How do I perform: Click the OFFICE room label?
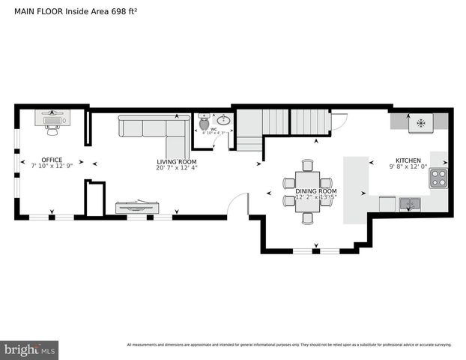pyautogui.click(x=52, y=160)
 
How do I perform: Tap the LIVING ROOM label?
pyautogui.click(x=176, y=162)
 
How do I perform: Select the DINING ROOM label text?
pyautogui.click(x=315, y=191)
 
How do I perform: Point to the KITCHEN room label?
pyautogui.click(x=408, y=160)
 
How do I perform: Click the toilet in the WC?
pyautogui.click(x=203, y=127)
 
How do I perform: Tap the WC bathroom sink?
pyautogui.click(x=223, y=120)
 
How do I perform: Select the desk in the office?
pyautogui.click(x=52, y=118)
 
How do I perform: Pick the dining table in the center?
pyautogui.click(x=307, y=190)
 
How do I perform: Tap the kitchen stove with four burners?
pyautogui.click(x=438, y=178)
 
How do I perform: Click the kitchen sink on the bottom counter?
pyautogui.click(x=408, y=202)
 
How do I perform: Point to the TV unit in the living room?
pyautogui.click(x=136, y=207)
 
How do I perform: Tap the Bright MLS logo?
pyautogui.click(x=29, y=349)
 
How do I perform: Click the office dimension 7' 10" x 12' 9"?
pyautogui.click(x=52, y=167)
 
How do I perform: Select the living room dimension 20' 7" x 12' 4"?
pyautogui.click(x=176, y=169)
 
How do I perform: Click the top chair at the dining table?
pyautogui.click(x=307, y=165)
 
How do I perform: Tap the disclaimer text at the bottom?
pyautogui.click(x=288, y=345)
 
